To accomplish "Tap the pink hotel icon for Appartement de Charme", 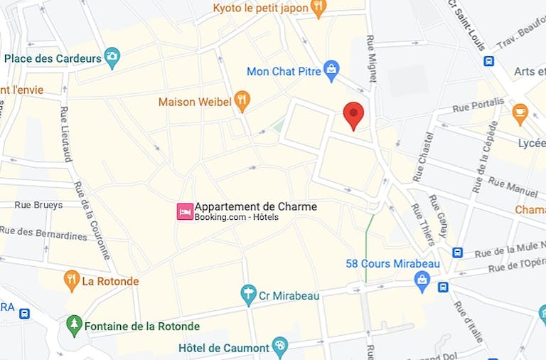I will click(x=185, y=211).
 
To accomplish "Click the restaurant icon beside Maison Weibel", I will click(x=242, y=101).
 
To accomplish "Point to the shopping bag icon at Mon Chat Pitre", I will click(x=331, y=69).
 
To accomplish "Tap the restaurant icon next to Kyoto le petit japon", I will click(x=318, y=9).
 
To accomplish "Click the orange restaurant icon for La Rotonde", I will click(x=71, y=280).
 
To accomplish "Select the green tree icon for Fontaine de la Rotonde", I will click(x=74, y=326).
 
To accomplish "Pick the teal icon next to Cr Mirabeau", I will click(x=247, y=294).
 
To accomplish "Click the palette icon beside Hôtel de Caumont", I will click(x=280, y=346).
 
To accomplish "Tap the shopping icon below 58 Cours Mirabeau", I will click(x=423, y=280).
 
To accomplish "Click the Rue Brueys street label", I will click(x=38, y=205).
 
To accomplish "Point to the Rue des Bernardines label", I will click(x=43, y=233).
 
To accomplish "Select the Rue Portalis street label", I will click(x=478, y=105).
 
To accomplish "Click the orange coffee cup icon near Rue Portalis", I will click(x=520, y=112).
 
